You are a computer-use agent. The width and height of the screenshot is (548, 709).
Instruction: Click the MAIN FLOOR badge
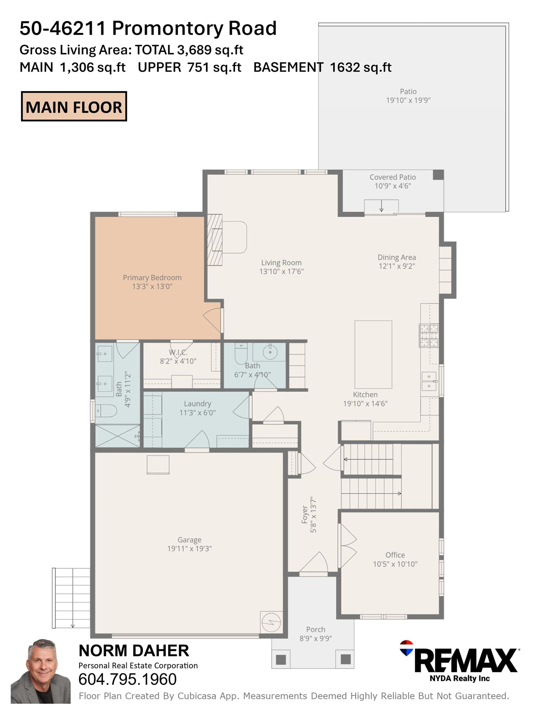[x=74, y=106]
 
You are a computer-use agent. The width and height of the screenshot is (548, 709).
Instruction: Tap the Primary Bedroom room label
[x=152, y=278]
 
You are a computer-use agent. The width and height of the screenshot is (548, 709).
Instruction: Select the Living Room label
[x=282, y=263]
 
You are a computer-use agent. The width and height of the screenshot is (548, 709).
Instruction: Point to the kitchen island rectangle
[x=373, y=354]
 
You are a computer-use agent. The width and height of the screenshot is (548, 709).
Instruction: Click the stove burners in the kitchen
[x=429, y=335]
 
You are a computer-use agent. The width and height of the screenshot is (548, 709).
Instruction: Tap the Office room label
[x=395, y=555]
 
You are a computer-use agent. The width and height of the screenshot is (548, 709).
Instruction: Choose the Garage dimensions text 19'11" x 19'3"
[x=189, y=549]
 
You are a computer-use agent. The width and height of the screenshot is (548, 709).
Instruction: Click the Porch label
[x=316, y=629]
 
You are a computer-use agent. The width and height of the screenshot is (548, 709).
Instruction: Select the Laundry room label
[x=198, y=404]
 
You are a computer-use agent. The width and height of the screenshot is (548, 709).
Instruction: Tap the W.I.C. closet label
[x=178, y=352]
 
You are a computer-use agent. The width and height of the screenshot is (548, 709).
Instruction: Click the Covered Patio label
[x=393, y=177]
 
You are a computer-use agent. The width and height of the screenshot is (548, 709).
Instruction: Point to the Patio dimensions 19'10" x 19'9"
[x=408, y=100]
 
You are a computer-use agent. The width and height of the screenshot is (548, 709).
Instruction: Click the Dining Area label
[x=397, y=257]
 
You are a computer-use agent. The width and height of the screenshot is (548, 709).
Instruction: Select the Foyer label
[x=304, y=515]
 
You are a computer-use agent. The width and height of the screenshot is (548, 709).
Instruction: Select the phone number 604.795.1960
[x=128, y=680]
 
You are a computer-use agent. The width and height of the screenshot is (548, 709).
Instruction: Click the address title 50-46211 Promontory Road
[x=148, y=28]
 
